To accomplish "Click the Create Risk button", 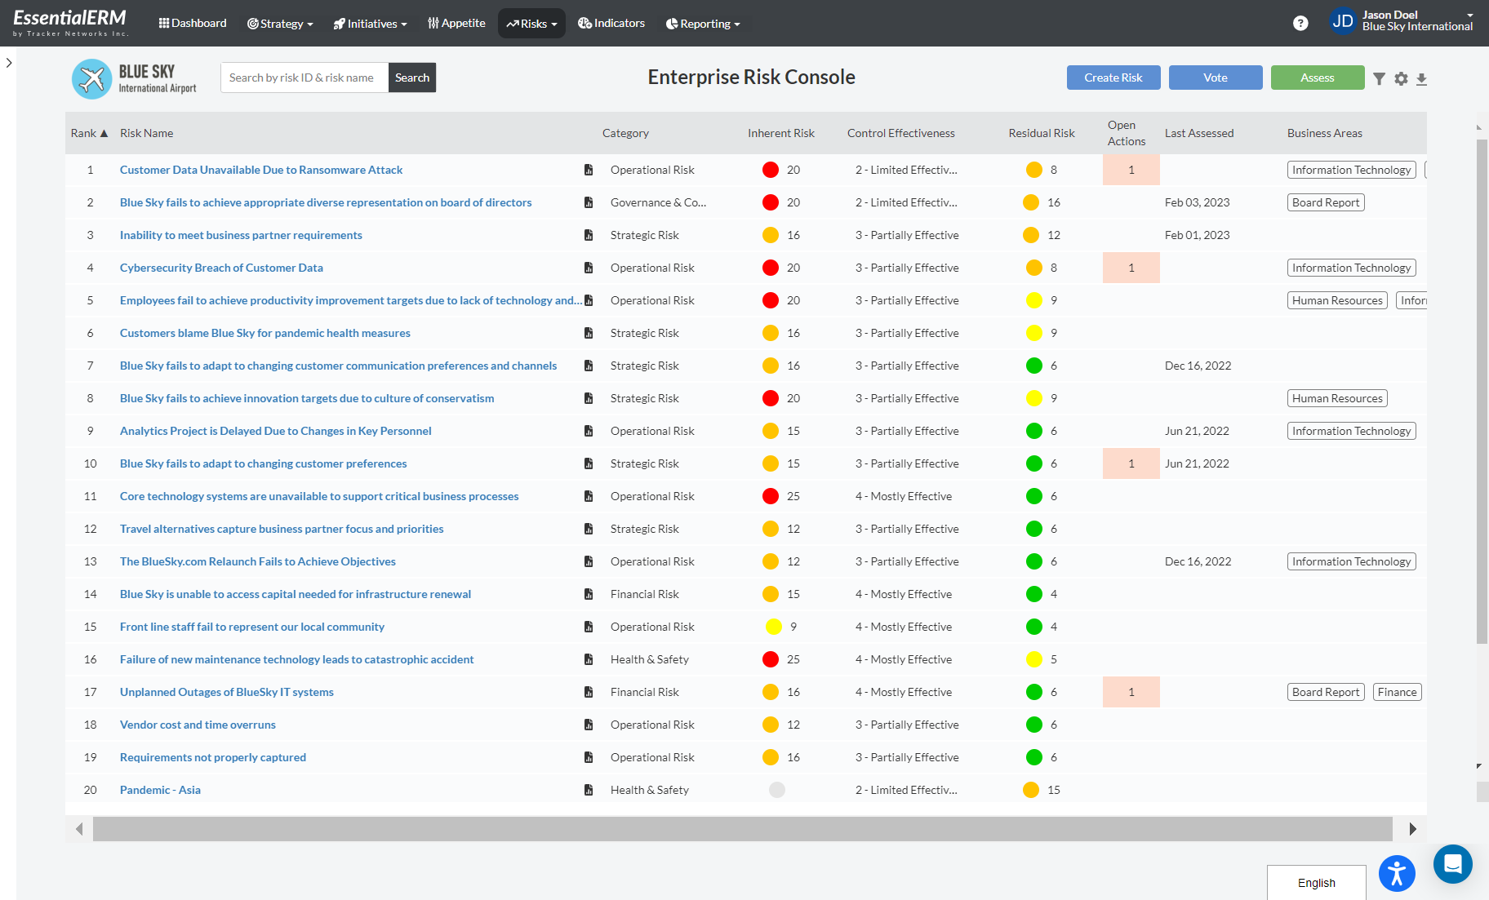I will pyautogui.click(x=1113, y=78).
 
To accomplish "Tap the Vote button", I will pyautogui.click(x=1215, y=78).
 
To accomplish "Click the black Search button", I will pyautogui.click(x=411, y=78).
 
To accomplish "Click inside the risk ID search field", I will pyautogui.click(x=304, y=78).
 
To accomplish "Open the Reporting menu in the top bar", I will pyautogui.click(x=702, y=24).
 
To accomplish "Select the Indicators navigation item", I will pyautogui.click(x=611, y=23).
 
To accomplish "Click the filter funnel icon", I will pyautogui.click(x=1379, y=78).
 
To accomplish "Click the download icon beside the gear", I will pyautogui.click(x=1421, y=78).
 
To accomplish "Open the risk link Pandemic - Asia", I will pyautogui.click(x=160, y=790).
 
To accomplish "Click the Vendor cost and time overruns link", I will pyautogui.click(x=198, y=725).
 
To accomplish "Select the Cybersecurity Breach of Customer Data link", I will pyautogui.click(x=221, y=268).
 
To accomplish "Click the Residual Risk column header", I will pyautogui.click(x=1041, y=133).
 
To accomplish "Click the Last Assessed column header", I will pyautogui.click(x=1198, y=133).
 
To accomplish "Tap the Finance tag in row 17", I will pyautogui.click(x=1397, y=692).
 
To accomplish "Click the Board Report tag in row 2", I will pyautogui.click(x=1325, y=202).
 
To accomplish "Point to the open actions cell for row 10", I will pyautogui.click(x=1131, y=463).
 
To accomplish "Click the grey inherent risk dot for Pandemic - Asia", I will pyautogui.click(x=776, y=790).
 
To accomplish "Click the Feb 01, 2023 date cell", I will pyautogui.click(x=1197, y=235).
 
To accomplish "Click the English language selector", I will pyautogui.click(x=1316, y=883).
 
